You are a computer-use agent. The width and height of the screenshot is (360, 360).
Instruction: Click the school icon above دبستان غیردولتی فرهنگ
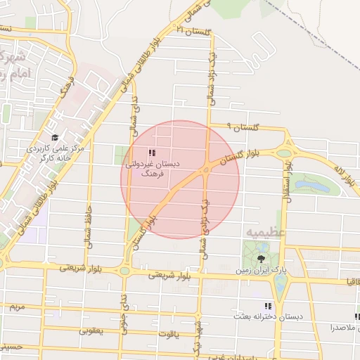[x=152, y=153]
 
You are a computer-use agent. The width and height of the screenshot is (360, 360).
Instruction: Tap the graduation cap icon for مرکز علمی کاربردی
[x=55, y=138]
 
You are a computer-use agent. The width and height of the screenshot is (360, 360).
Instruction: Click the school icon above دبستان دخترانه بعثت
[x=267, y=306]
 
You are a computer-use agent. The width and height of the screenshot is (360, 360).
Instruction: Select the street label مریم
[x=17, y=307]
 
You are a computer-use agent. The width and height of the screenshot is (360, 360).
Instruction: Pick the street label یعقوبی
[x=91, y=330]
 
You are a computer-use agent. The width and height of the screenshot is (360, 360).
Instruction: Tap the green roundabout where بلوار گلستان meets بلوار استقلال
[x=285, y=151]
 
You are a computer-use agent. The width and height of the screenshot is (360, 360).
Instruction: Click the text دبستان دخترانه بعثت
[x=270, y=316]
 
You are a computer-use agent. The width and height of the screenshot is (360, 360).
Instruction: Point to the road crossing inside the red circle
[x=206, y=170]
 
